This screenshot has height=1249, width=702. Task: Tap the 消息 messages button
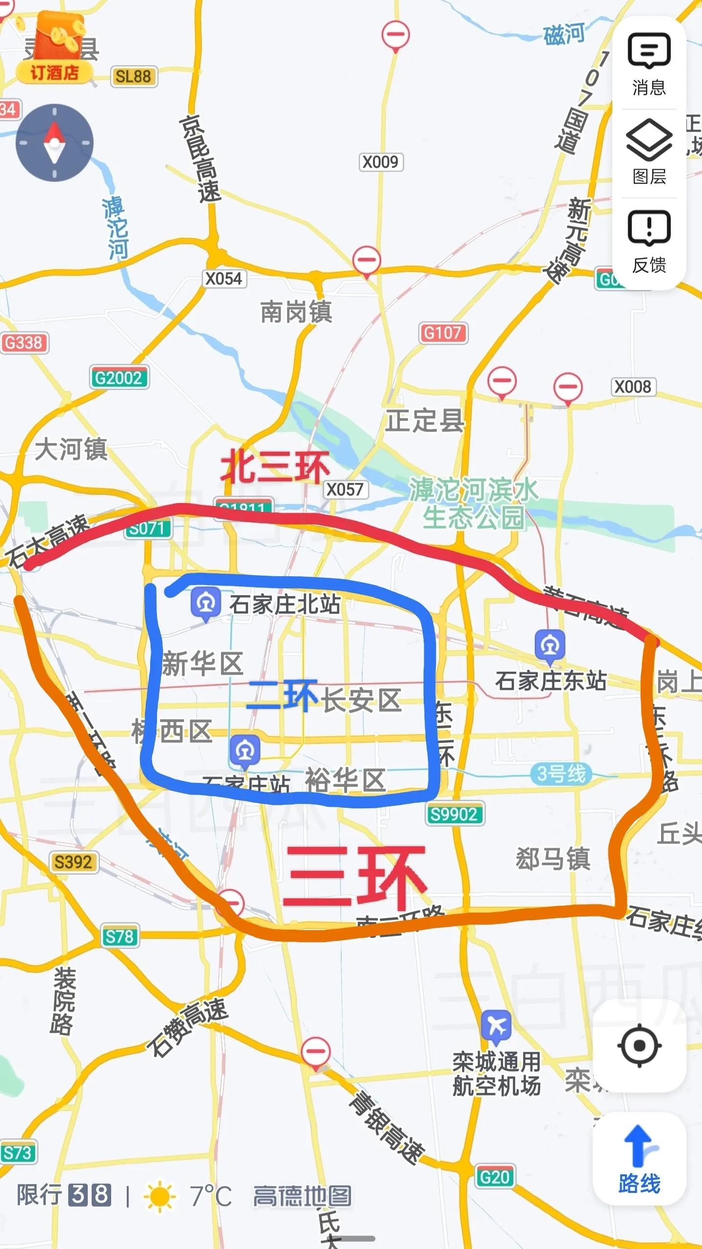(649, 63)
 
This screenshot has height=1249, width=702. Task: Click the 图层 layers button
(649, 152)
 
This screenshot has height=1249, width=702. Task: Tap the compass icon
(54, 143)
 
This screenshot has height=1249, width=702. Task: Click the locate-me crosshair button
(639, 1046)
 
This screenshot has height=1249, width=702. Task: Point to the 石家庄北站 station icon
(206, 604)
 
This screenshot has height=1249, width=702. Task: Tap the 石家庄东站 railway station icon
(550, 646)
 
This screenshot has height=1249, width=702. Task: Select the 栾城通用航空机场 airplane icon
(496, 1026)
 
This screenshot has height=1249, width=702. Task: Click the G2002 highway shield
(119, 378)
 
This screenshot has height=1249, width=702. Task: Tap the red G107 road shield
(443, 333)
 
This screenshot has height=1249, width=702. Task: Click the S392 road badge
(73, 862)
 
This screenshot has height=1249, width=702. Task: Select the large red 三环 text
(354, 877)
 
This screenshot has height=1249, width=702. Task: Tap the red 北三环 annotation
(274, 467)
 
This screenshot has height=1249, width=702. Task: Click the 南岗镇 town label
(296, 312)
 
